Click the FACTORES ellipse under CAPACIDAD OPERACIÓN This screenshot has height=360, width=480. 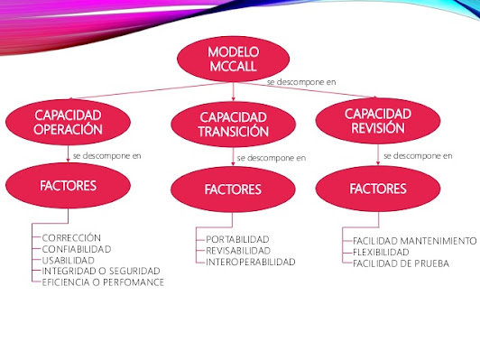[x=69, y=186]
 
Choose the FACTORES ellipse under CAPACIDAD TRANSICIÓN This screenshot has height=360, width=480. [x=233, y=189]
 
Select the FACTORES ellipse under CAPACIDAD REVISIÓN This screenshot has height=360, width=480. [x=378, y=189]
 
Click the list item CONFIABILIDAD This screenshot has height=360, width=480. [x=77, y=248]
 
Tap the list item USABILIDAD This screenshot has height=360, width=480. [x=69, y=260]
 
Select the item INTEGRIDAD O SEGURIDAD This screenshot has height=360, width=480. [x=100, y=271]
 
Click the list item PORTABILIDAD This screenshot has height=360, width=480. [x=239, y=239]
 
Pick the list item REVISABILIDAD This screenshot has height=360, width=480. [x=239, y=251]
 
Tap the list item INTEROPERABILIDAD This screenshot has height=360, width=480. [x=251, y=263]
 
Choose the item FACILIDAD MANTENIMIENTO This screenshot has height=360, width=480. [x=414, y=242]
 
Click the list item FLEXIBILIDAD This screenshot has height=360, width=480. [x=383, y=253]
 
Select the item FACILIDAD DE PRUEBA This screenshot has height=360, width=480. [x=401, y=264]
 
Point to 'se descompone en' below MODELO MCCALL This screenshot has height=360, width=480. [x=301, y=82]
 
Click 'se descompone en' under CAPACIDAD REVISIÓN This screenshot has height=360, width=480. [x=418, y=155]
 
